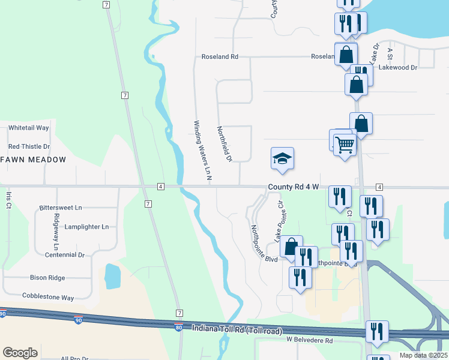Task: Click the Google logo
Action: point(20,353)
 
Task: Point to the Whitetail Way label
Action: point(28,128)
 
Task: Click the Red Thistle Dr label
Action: point(29,146)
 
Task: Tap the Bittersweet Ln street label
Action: point(60,208)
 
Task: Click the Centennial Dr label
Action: point(65,255)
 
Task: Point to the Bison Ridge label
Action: point(47,278)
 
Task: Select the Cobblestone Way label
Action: point(48,296)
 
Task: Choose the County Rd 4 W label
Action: point(293,187)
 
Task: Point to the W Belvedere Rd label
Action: point(309,340)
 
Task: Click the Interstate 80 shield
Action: point(178,327)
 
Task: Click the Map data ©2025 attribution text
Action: point(424,355)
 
